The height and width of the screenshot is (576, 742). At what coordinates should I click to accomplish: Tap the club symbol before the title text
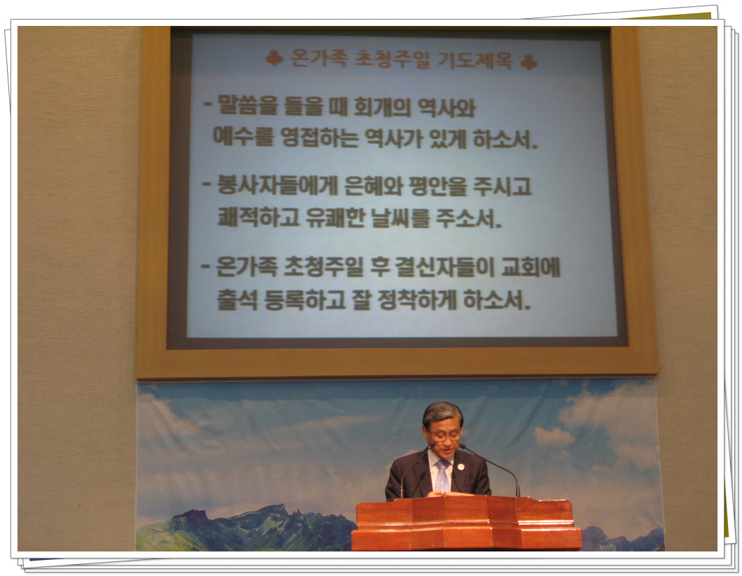(x=274, y=57)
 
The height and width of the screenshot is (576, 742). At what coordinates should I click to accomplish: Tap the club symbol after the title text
(x=529, y=62)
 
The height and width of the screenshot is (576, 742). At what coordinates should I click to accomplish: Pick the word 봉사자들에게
(x=276, y=185)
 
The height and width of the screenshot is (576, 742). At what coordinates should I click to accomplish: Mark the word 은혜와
(x=373, y=186)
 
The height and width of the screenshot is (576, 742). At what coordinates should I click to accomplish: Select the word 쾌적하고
(x=258, y=217)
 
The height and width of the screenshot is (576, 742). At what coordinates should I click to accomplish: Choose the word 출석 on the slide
(x=237, y=299)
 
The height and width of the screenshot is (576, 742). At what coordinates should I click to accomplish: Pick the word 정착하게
(x=417, y=300)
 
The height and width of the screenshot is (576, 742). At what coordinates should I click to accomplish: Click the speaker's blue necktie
(x=442, y=476)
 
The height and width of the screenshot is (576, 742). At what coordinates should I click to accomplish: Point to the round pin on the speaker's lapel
(x=461, y=467)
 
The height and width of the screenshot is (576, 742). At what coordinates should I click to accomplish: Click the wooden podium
(x=466, y=523)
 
